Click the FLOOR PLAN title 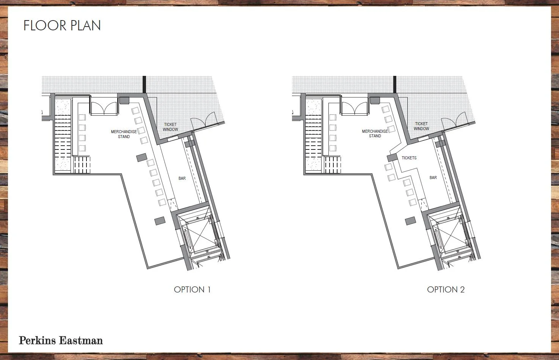[62, 25]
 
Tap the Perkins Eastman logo [61, 340]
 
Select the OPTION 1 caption [192, 289]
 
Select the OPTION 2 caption [446, 289]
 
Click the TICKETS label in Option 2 [409, 158]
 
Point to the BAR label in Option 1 [182, 178]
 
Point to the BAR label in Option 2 [433, 178]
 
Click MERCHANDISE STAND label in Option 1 [124, 134]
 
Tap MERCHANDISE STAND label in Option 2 [375, 134]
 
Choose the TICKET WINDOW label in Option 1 [170, 127]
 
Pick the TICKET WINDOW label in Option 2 [421, 126]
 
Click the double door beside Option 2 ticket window [455, 120]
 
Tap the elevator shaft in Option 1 [199, 237]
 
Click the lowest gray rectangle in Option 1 [160, 220]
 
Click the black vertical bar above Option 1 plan [144, 84]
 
